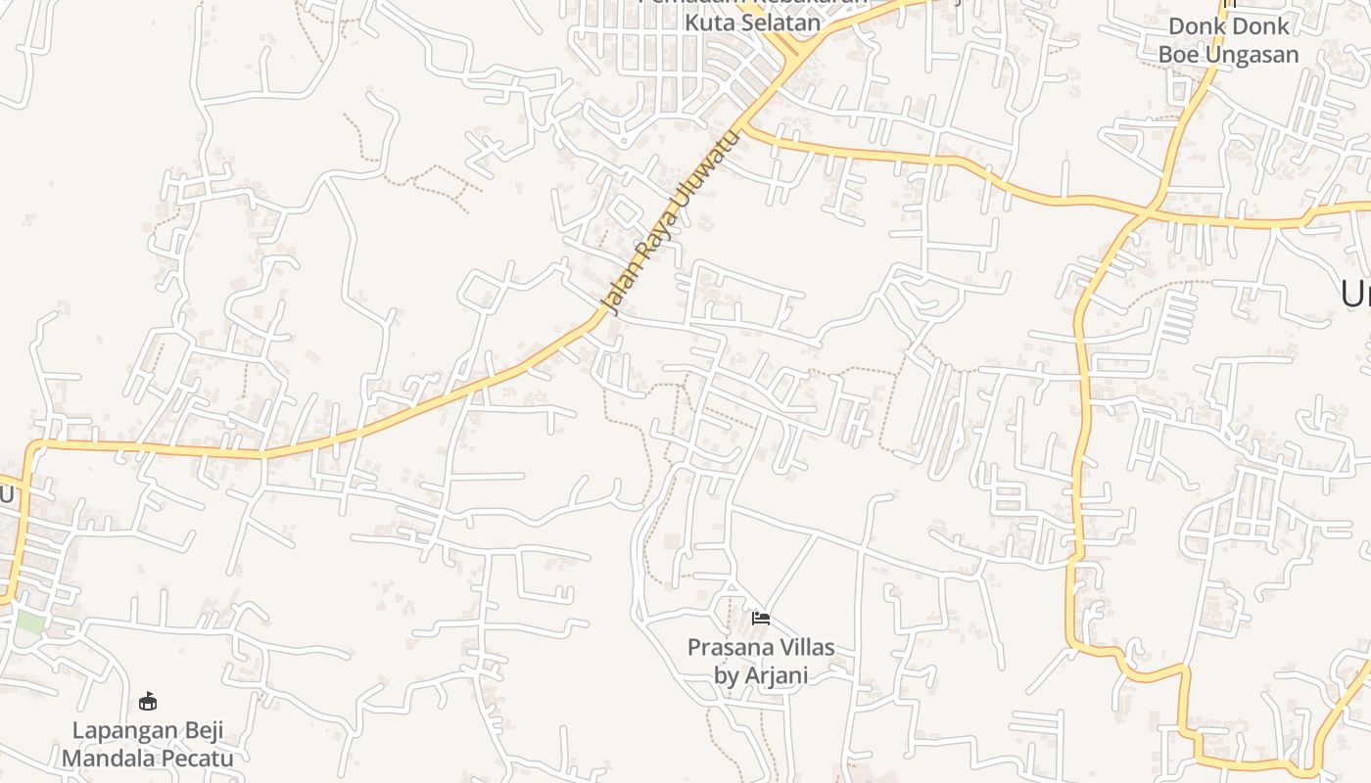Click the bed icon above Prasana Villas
[761, 618]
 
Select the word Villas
[804, 647]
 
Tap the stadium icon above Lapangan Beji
[148, 701]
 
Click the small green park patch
[29, 622]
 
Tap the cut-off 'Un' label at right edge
[1356, 293]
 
